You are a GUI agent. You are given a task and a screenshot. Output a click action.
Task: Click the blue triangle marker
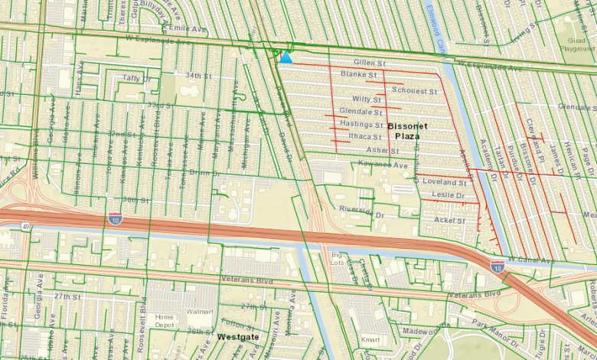click(x=285, y=57)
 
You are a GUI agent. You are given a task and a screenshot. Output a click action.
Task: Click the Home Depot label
click(x=165, y=321)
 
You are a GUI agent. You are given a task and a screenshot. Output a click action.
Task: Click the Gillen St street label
click(x=370, y=62)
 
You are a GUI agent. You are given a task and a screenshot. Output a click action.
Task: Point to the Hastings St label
click(x=361, y=124)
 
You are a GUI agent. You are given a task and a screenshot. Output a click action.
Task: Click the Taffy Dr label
click(x=136, y=77)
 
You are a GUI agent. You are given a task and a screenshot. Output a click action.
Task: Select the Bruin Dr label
click(x=200, y=172)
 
